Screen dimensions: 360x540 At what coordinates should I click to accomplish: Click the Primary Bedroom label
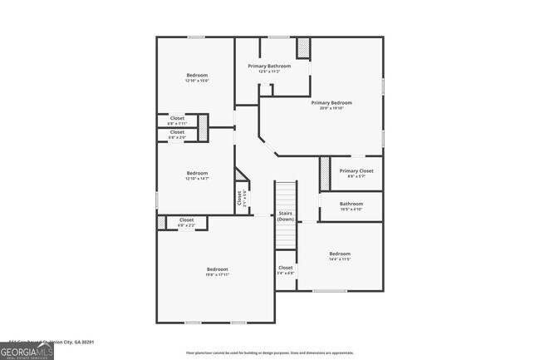point(326,103)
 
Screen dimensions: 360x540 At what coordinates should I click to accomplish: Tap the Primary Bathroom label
point(269,66)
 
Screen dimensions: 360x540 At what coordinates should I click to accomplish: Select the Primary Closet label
point(356,170)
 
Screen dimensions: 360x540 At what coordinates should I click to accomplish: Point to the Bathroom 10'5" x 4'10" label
point(351,204)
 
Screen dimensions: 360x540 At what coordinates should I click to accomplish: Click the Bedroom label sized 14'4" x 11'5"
point(340,254)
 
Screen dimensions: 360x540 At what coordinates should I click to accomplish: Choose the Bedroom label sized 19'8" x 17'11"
point(217,269)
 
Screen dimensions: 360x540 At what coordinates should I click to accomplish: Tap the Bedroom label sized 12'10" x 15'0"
point(196,76)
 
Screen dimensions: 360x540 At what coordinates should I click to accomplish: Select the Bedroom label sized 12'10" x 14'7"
point(196,173)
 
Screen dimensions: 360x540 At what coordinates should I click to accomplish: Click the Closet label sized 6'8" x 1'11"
point(178,118)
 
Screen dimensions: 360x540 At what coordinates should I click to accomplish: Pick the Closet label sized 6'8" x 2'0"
point(178,131)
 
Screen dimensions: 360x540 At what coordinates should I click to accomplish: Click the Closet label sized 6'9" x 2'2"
point(186,219)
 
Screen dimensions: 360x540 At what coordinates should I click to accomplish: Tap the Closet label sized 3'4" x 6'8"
point(285,268)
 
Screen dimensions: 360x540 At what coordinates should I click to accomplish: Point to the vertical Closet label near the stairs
point(239,199)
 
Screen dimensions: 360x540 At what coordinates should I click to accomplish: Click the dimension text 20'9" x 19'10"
point(326,108)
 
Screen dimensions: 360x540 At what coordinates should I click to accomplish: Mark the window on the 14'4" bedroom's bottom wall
point(330,291)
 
